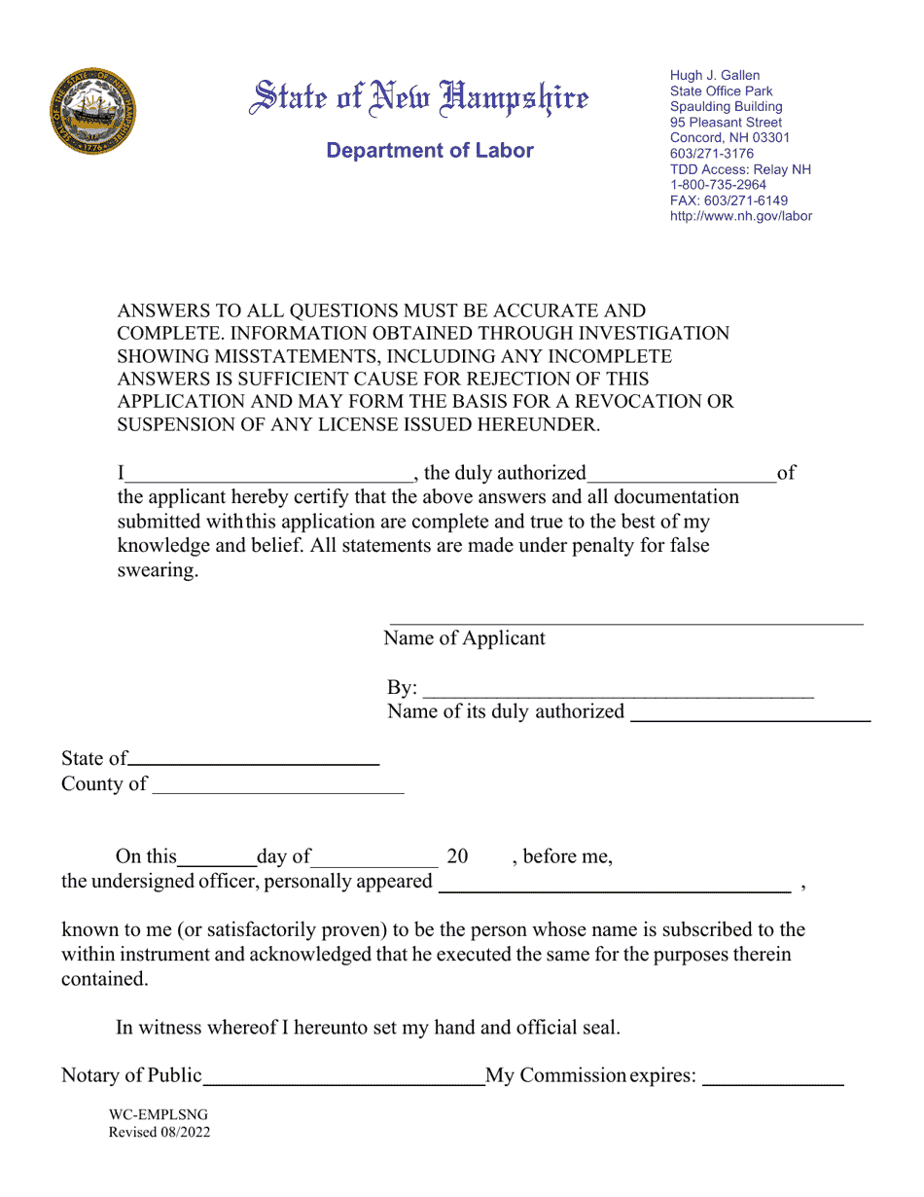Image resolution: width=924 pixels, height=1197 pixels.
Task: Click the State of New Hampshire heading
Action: click(x=420, y=99)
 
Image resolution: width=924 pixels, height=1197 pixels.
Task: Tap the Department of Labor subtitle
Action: click(x=430, y=151)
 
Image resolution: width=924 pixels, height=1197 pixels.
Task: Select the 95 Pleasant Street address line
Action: click(x=726, y=123)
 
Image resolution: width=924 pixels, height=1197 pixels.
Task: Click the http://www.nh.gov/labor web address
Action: click(x=740, y=216)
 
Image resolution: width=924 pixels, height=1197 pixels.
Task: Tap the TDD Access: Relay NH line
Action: click(x=740, y=169)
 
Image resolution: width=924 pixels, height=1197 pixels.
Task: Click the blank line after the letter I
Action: click(x=268, y=475)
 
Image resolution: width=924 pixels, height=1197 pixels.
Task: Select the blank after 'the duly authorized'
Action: click(x=681, y=475)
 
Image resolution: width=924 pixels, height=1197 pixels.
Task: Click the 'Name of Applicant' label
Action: click(x=464, y=639)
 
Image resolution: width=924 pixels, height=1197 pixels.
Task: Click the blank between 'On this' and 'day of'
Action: click(x=217, y=858)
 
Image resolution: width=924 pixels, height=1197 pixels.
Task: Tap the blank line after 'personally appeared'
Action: click(x=614, y=884)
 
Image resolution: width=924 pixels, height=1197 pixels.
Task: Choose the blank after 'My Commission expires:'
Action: click(x=772, y=1077)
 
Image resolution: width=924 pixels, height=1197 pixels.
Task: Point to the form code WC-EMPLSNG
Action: click(x=158, y=1115)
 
